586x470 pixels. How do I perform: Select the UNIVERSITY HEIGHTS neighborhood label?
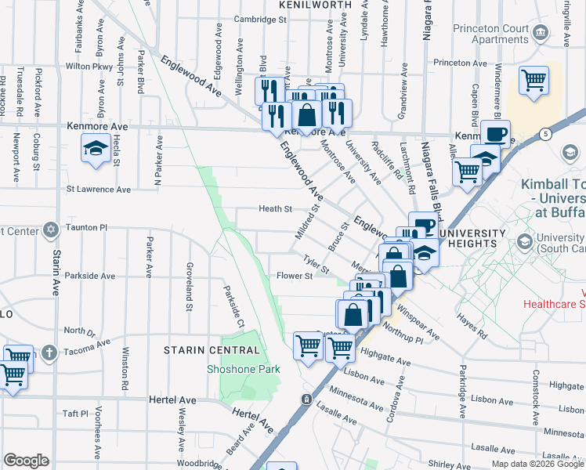(471, 238)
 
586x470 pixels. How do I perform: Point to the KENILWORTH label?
(312, 4)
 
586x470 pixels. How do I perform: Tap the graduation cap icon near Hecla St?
(96, 149)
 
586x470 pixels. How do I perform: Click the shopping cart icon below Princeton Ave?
(534, 81)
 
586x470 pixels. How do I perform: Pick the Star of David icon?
(51, 230)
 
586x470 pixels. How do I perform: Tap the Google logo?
(26, 461)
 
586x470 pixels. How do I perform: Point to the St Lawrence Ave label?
(99, 189)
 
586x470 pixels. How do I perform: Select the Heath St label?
(276, 209)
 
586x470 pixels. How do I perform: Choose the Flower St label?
(295, 276)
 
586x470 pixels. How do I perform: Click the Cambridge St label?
(238, 19)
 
